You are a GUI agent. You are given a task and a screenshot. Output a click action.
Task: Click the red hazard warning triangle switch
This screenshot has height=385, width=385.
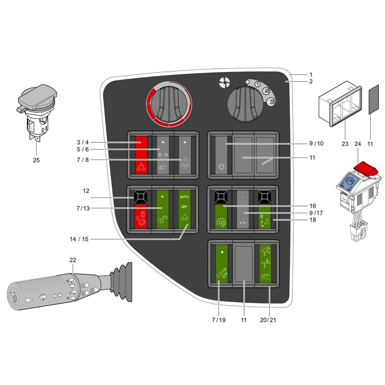click(x=141, y=155)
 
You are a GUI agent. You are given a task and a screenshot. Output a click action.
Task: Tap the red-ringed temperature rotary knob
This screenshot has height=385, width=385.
click(x=169, y=104)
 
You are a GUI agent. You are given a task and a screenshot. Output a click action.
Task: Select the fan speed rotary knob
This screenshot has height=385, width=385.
click(x=245, y=104)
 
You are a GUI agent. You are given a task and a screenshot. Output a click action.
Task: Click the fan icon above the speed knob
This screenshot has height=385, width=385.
click(x=224, y=82)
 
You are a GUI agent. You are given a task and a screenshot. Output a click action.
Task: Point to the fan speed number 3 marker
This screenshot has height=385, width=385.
click(x=271, y=101)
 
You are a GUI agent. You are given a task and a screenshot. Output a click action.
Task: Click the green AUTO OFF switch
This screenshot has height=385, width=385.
click(x=184, y=209)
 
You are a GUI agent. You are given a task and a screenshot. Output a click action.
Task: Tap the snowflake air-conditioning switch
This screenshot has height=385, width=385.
click(x=221, y=155)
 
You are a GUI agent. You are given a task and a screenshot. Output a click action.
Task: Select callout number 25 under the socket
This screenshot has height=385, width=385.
click(x=36, y=160)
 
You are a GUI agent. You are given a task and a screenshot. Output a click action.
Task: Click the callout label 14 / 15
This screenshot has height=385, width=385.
click(x=79, y=239)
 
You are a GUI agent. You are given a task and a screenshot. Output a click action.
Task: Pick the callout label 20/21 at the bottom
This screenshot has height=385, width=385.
click(x=268, y=320)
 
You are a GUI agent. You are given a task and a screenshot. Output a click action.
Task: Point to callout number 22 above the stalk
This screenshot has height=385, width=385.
click(x=73, y=260)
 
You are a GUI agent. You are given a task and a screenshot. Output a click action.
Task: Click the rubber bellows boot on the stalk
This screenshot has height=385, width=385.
click(x=121, y=281)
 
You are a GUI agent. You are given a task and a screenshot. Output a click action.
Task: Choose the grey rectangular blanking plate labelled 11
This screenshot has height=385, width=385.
click(x=374, y=99)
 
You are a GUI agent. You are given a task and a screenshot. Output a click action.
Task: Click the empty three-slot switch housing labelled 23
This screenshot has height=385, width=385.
click(x=340, y=104)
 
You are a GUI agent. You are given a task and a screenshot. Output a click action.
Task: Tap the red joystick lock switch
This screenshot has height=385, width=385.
click(x=141, y=209)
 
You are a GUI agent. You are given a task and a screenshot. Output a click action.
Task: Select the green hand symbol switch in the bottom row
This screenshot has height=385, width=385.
click(x=265, y=264)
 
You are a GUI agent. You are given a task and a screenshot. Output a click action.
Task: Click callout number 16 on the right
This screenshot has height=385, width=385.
click(x=313, y=206)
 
